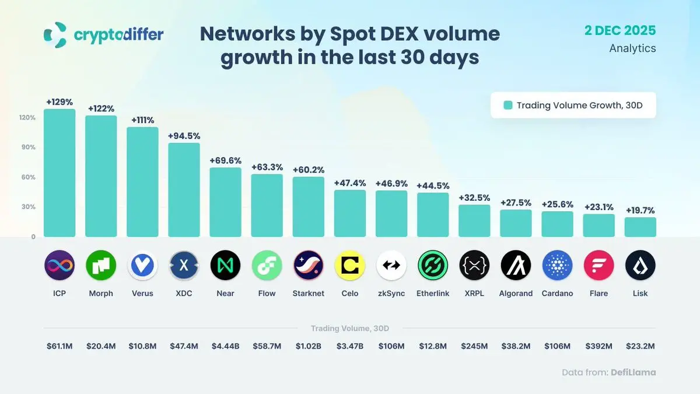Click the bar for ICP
(x=60, y=173)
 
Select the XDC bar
(x=184, y=190)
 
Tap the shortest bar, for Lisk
(x=640, y=228)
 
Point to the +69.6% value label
(x=225, y=160)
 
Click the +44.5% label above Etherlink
(x=433, y=186)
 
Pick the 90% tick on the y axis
(x=29, y=147)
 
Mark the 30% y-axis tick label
(x=29, y=207)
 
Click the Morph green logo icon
(x=101, y=266)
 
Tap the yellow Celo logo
(x=350, y=266)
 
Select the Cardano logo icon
(x=557, y=266)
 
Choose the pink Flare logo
(x=598, y=266)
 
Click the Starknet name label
(x=308, y=294)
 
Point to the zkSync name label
(x=391, y=294)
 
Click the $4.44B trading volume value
(x=225, y=346)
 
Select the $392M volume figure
(x=598, y=346)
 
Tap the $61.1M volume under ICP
(x=60, y=346)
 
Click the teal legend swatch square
(x=508, y=106)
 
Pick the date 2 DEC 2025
(x=620, y=29)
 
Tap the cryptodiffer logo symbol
(x=55, y=34)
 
